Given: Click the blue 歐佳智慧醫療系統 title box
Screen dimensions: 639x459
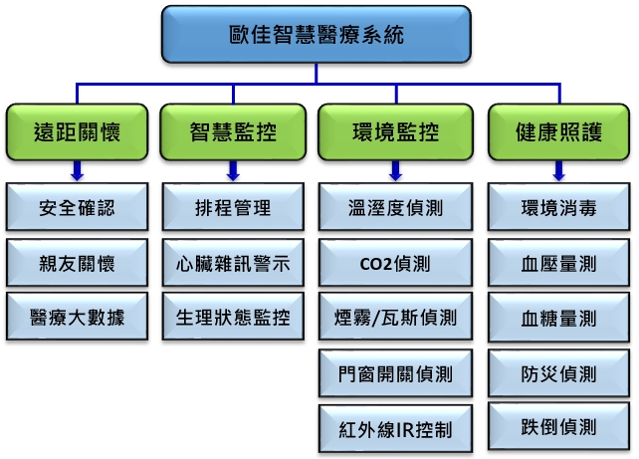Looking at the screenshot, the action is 317,34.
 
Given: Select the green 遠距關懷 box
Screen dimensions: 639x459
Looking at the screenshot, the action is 77,132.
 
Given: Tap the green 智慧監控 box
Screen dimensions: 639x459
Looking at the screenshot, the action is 233,132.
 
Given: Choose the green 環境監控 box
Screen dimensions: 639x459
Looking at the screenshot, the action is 396,132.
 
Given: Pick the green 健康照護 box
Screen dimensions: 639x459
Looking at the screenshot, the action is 559,132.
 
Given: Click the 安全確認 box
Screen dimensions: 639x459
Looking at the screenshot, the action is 77,207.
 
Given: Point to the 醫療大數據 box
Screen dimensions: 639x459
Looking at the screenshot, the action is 77,317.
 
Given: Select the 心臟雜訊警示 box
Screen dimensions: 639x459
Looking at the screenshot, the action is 233,263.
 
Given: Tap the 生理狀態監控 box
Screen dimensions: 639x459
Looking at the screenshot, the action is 233,317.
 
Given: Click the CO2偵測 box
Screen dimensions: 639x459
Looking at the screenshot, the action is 396,263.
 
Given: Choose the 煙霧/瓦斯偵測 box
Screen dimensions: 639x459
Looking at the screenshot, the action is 396,317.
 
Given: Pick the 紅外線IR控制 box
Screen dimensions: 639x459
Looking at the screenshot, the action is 396,429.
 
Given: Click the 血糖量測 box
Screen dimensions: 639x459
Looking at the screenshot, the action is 559,318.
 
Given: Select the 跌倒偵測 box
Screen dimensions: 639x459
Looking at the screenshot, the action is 559,426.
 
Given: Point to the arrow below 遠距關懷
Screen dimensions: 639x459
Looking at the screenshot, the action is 77,171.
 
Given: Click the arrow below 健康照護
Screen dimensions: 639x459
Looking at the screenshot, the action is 559,171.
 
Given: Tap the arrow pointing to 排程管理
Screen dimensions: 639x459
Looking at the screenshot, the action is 233,171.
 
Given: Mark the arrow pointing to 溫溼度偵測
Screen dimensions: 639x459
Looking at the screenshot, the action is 396,171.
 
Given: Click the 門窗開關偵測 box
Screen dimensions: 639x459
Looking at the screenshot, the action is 396,373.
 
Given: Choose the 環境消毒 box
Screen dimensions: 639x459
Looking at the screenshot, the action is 559,207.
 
